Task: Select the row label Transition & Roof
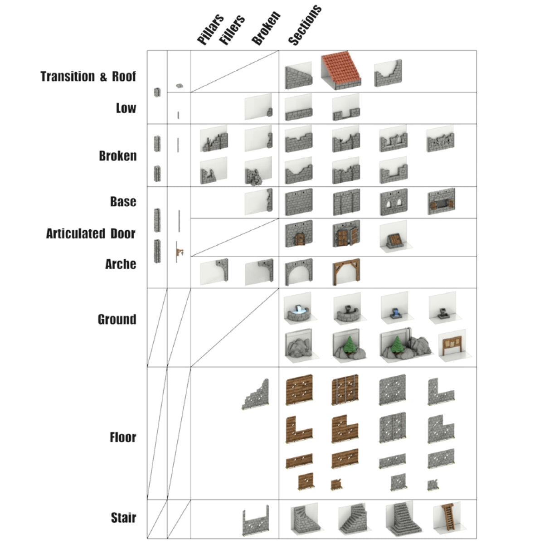[x=88, y=76]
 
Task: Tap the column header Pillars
[x=210, y=29]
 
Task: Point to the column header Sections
[x=304, y=25]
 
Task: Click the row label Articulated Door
[x=91, y=233]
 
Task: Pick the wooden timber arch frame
[x=346, y=272]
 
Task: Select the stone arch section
[x=299, y=272]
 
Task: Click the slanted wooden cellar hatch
[x=392, y=238]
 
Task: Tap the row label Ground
[x=117, y=319]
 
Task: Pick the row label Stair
[x=123, y=517]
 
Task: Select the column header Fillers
[x=232, y=30]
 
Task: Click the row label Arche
[x=121, y=264]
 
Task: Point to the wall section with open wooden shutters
[x=441, y=203]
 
